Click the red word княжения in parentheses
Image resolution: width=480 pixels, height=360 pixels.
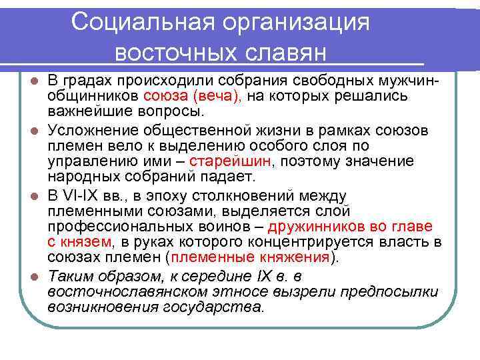tap(300, 257)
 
